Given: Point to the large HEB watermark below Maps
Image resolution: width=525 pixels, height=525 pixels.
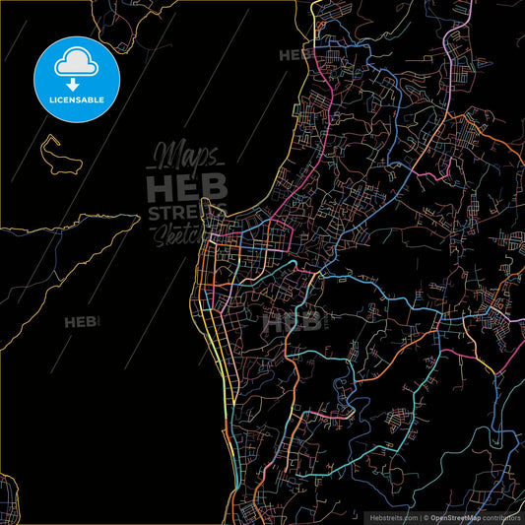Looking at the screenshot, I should pyautogui.click(x=186, y=187).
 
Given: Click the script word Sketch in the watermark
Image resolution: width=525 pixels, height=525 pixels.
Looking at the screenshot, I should pyautogui.click(x=177, y=234).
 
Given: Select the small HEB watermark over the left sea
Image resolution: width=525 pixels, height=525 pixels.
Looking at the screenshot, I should pyautogui.click(x=80, y=322).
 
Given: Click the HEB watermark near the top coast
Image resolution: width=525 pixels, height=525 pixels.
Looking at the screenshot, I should pyautogui.click(x=295, y=55).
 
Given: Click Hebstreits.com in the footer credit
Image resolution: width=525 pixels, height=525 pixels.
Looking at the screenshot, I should pyautogui.click(x=394, y=516).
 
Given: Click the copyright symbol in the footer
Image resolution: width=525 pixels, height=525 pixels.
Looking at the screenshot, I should pyautogui.click(x=425, y=516).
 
